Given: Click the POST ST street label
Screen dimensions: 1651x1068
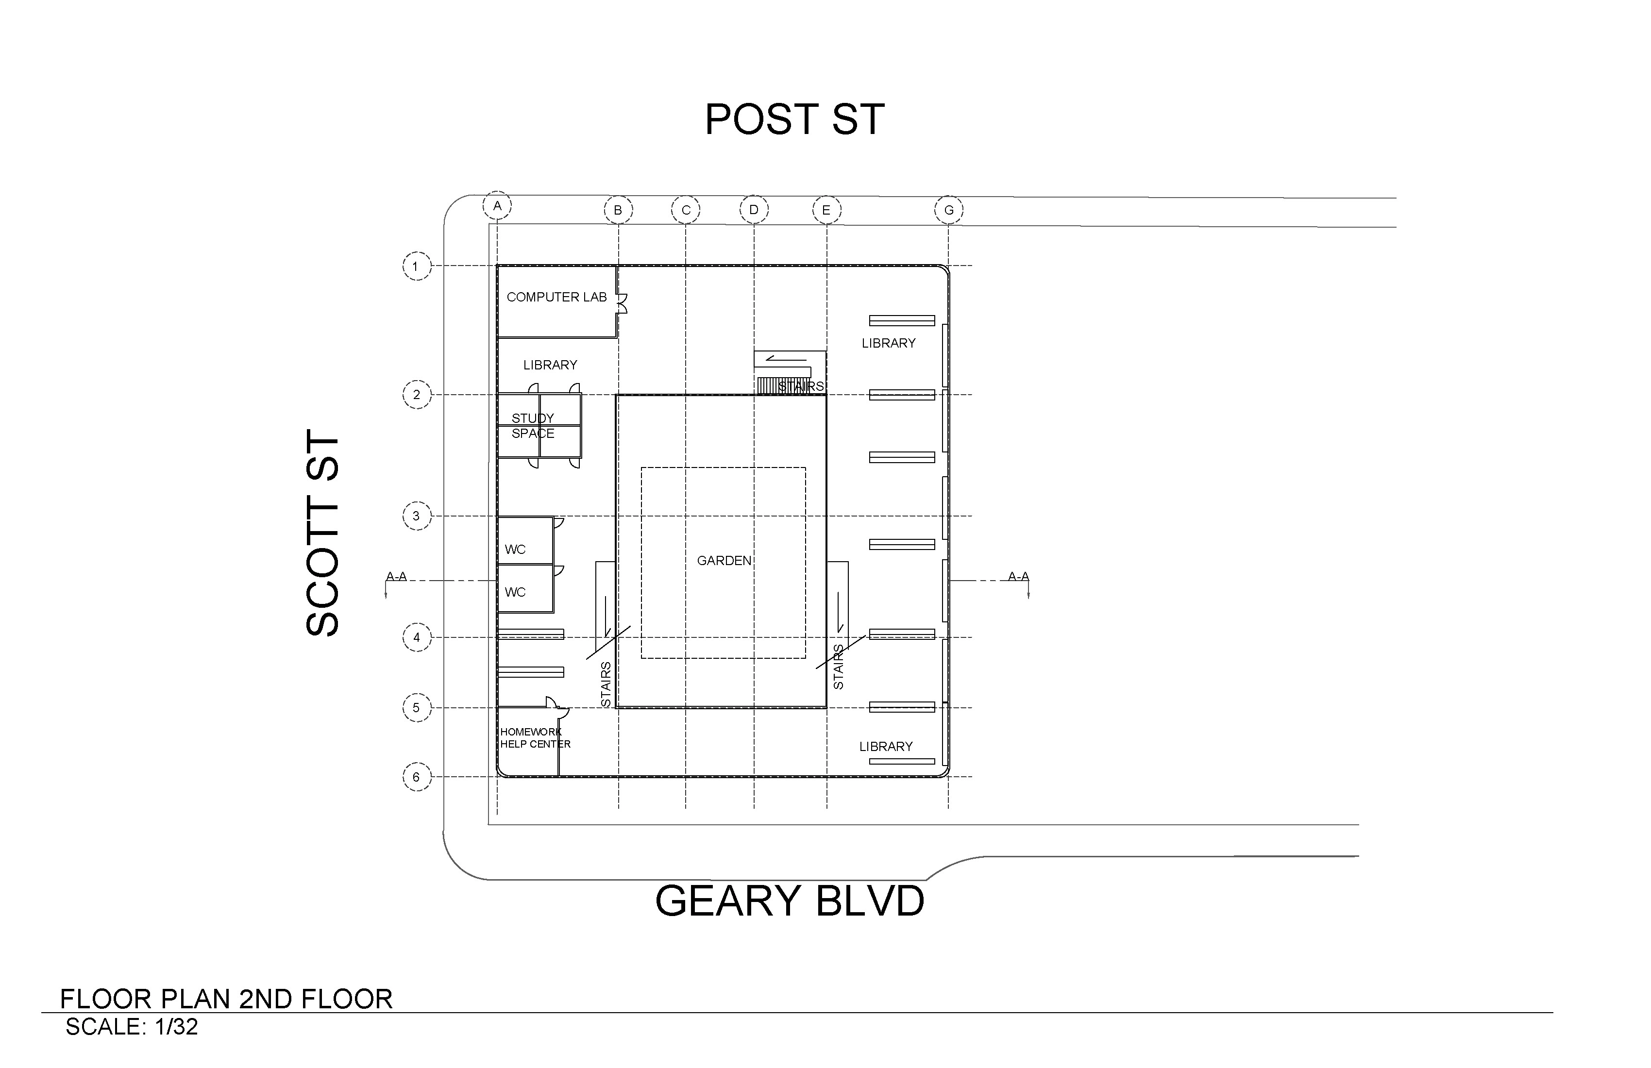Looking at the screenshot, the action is point(794,119).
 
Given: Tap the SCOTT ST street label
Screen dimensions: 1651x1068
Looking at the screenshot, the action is point(322,534).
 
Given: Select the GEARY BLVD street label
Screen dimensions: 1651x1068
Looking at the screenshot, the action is point(790,901).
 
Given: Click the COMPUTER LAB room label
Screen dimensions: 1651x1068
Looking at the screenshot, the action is point(556,297).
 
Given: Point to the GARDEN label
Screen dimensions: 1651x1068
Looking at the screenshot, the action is point(724,560).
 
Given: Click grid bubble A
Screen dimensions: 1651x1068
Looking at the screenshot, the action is point(497,206).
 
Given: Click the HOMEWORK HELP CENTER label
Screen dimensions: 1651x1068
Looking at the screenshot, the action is point(535,738).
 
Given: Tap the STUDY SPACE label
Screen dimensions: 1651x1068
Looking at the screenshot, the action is point(533,426).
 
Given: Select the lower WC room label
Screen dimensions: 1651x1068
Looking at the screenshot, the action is point(515,592).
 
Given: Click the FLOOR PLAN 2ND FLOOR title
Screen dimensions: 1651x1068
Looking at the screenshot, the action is point(226,1000).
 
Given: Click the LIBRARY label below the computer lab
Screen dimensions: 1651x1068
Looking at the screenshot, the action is point(550,365).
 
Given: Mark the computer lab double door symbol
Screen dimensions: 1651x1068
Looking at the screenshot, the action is point(622,303).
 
